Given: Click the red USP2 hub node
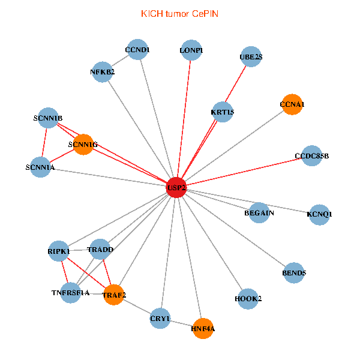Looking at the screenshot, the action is [x=176, y=187].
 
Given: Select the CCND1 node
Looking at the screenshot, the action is [x=137, y=49].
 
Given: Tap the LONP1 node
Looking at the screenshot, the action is [x=191, y=50].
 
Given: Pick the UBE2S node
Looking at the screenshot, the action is [x=251, y=56].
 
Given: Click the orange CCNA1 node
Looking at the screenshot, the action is [x=292, y=104].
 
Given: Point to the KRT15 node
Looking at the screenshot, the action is [x=222, y=112].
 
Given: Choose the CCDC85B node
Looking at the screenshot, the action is [x=311, y=155].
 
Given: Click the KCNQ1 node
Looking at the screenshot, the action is [x=319, y=215].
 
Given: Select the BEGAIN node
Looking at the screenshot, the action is [x=259, y=212].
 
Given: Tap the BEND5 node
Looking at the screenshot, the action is [x=294, y=273].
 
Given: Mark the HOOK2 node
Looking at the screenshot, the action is [x=248, y=299].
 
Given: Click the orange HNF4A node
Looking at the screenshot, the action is [x=203, y=328].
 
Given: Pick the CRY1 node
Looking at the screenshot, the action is [x=160, y=318].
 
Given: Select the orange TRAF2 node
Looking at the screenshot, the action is [x=114, y=295].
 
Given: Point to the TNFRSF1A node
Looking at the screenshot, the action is [x=70, y=293].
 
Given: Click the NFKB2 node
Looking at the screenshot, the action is [x=102, y=72].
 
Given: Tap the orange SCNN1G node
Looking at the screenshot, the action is [x=83, y=145].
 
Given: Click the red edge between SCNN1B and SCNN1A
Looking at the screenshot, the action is [x=44, y=142].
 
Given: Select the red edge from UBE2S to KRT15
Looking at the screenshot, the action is [x=236, y=84].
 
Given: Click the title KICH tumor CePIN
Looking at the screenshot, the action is [x=179, y=14].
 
